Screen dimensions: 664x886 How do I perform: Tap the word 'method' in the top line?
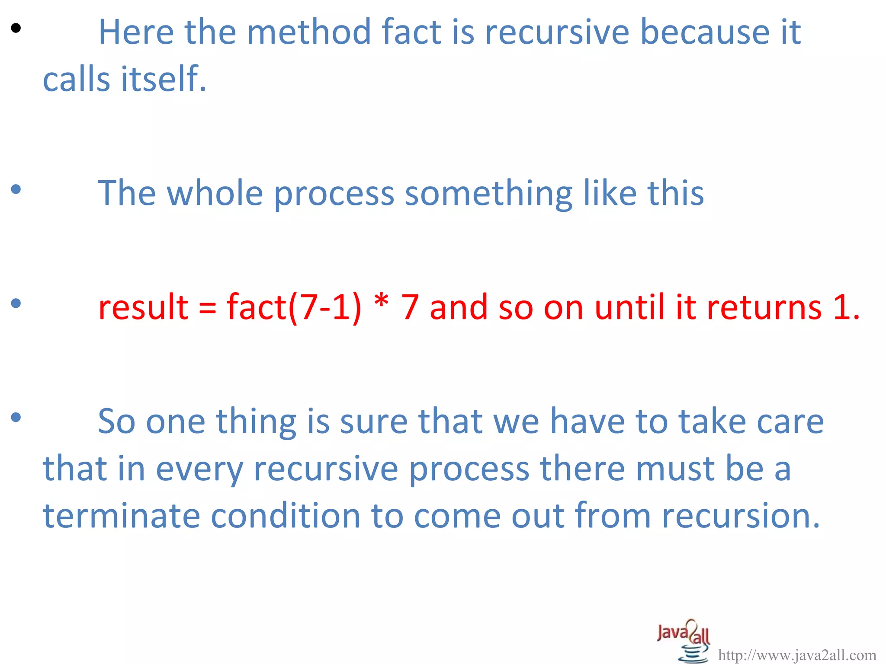[x=309, y=32]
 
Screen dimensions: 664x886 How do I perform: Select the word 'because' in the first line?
[x=705, y=32]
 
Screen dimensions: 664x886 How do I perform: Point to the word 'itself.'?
[x=164, y=80]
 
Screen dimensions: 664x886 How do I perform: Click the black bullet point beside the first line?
[x=16, y=29]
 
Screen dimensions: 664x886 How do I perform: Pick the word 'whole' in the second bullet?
[x=215, y=193]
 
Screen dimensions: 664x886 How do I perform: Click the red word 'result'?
[x=143, y=307]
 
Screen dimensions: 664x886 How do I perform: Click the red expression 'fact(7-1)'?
[x=294, y=307]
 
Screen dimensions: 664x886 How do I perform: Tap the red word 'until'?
[x=630, y=307]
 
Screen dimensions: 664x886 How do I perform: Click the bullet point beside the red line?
[x=16, y=303]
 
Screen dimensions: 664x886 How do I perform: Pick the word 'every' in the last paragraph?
[x=199, y=470]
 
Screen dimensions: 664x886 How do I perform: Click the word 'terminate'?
[x=122, y=516]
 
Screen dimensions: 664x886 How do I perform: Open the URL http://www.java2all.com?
[x=797, y=655]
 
